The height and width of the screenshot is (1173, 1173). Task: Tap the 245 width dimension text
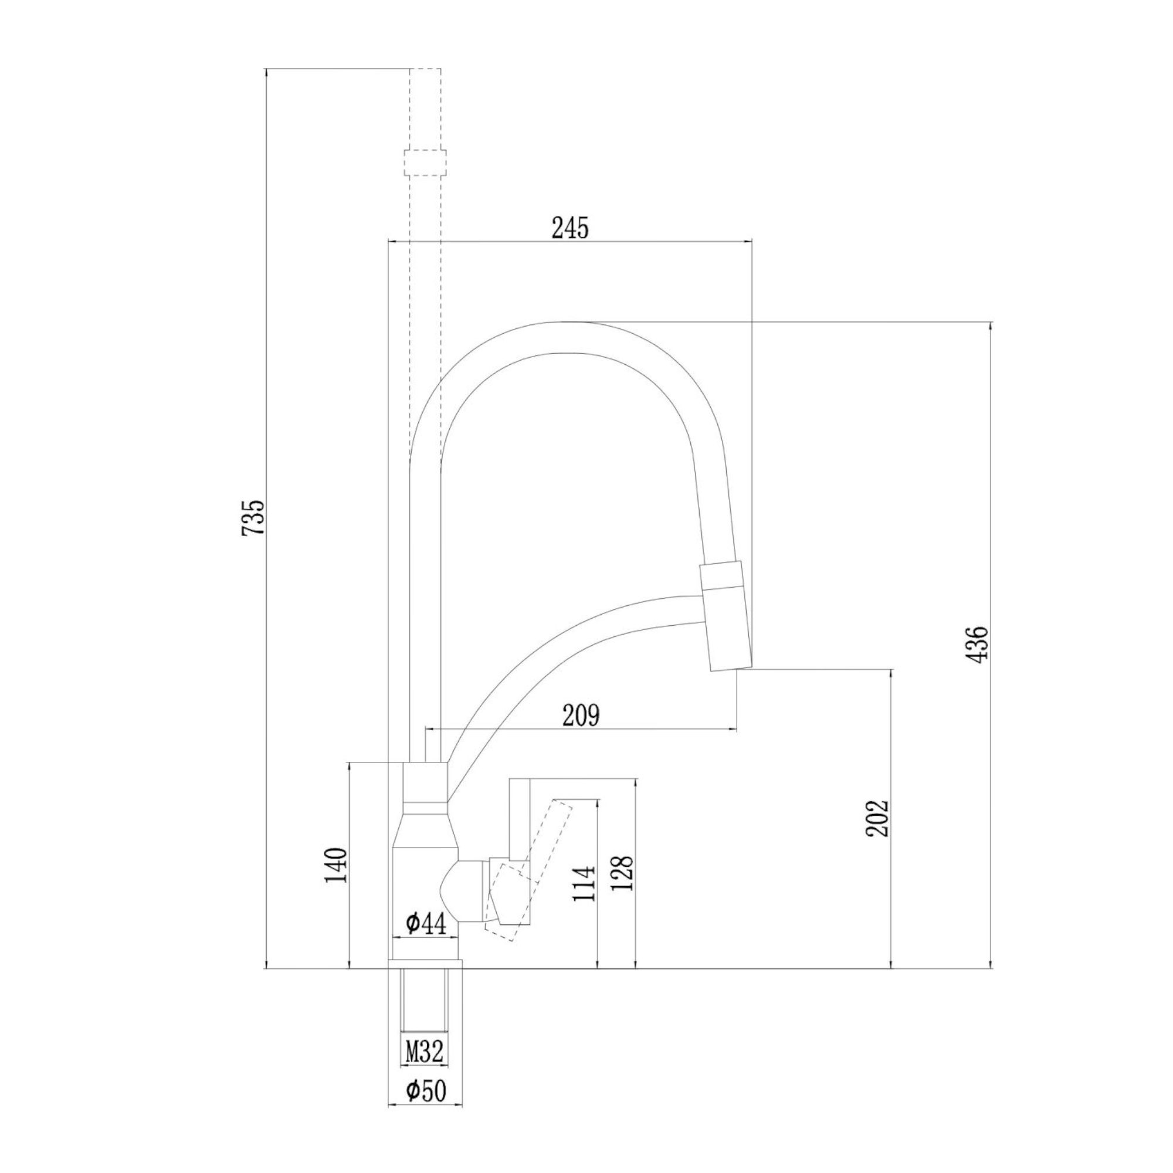click(x=569, y=228)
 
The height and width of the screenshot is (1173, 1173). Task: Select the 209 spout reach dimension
click(x=581, y=715)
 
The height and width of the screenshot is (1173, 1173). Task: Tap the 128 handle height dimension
click(x=622, y=874)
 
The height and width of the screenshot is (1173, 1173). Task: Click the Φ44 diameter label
click(x=426, y=924)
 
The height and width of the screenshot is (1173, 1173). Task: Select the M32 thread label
click(x=425, y=1052)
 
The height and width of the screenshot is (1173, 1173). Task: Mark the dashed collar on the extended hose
click(x=425, y=162)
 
